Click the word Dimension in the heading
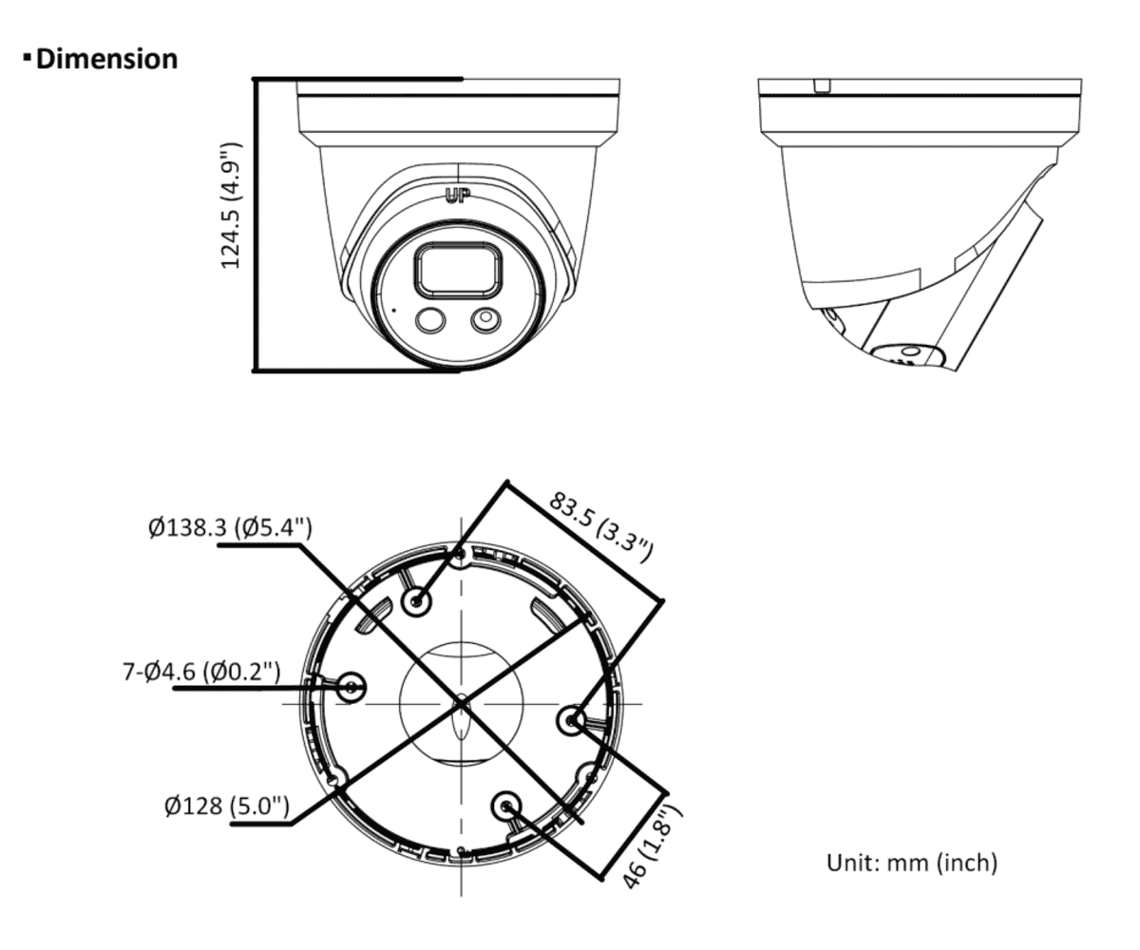[107, 59]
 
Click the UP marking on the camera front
[458, 196]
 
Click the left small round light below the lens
[430, 320]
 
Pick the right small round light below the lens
[485, 320]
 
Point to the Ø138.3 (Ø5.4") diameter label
[231, 527]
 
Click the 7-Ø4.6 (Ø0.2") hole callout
[201, 671]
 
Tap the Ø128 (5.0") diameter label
[227, 806]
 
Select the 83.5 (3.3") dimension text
[600, 526]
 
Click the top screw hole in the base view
[417, 601]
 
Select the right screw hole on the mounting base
[572, 720]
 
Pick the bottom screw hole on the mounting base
[506, 806]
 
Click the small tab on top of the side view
[822, 86]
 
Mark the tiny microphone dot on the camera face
[394, 310]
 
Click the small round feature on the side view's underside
[908, 352]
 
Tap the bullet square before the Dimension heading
[28, 56]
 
